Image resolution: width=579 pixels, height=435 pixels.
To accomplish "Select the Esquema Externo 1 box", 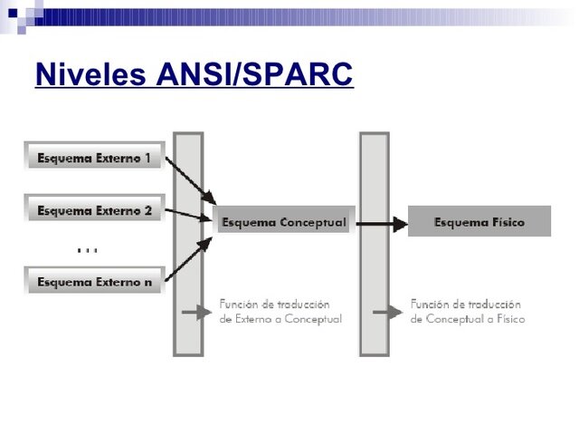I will click(94, 157).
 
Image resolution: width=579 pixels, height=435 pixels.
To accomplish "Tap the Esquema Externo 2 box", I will click(94, 210).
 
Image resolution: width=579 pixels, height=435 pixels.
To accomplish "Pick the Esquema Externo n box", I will click(94, 282).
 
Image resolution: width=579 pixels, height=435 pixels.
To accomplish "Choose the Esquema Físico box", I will click(479, 222).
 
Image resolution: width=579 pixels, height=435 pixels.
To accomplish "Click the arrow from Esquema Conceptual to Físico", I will click(380, 222).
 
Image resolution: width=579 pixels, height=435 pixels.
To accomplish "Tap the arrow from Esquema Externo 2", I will click(190, 215).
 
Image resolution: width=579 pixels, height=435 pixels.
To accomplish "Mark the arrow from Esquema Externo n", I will click(190, 257).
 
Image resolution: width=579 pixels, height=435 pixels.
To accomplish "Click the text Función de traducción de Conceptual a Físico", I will click(467, 312).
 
